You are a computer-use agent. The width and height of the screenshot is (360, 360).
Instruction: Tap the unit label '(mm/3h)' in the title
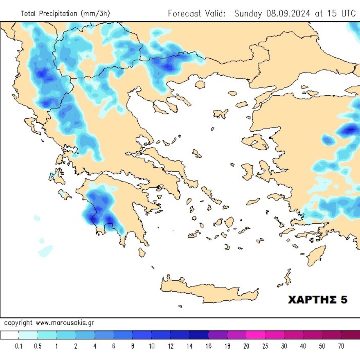pos(96,14)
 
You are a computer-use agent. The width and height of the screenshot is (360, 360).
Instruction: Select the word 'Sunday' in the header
pos(248,13)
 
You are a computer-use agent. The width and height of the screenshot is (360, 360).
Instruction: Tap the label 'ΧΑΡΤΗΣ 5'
pos(318,300)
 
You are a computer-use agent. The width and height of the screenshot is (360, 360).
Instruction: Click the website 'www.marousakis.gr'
pos(65,323)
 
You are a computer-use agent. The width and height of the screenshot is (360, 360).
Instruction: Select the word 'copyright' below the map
pos(18,323)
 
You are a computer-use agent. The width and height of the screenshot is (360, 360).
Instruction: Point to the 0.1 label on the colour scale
pos(19,346)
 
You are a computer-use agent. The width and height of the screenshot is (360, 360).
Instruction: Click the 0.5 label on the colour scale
pos(38,346)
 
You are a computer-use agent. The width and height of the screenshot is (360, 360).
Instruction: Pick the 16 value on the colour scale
pos(208,346)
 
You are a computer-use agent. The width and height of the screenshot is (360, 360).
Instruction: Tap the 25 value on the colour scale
pos(265,346)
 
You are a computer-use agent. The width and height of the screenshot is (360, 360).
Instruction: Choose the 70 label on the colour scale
pos(341,346)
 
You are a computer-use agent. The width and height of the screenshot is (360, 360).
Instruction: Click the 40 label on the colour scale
pos(303,346)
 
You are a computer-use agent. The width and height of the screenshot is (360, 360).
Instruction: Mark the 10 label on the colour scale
pos(151,346)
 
